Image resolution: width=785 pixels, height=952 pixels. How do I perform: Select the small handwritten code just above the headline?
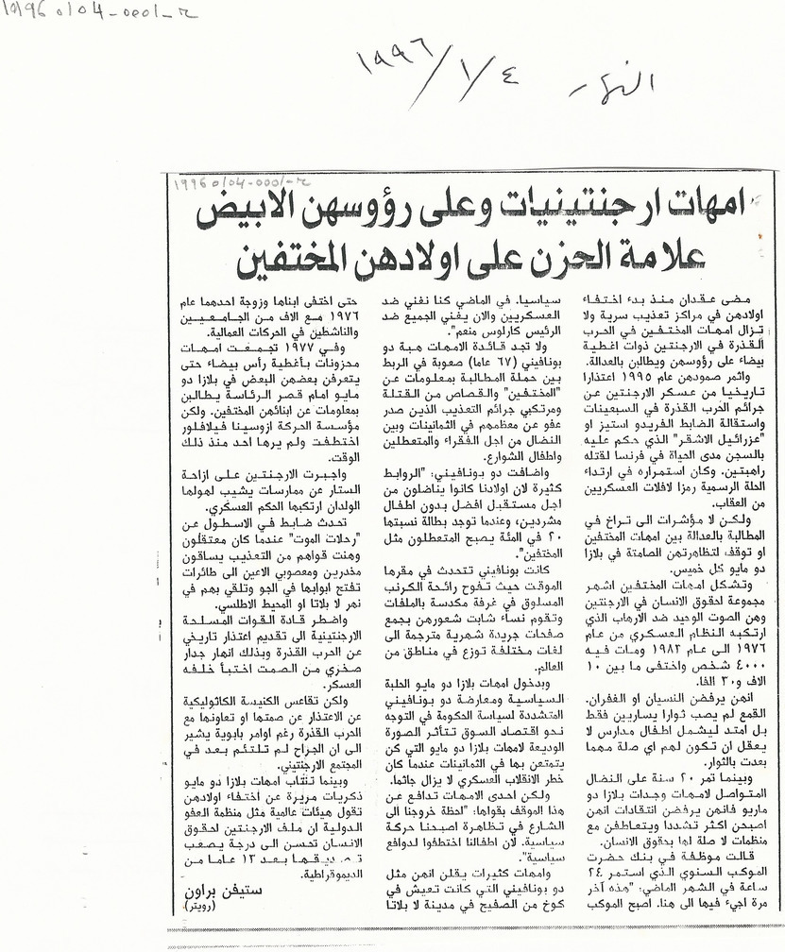(x=226, y=185)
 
